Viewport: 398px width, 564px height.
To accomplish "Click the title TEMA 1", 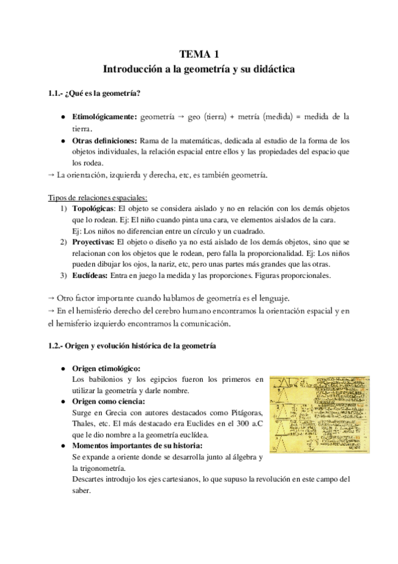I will click(199, 55).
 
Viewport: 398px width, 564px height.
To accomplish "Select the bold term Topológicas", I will click(93, 209).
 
